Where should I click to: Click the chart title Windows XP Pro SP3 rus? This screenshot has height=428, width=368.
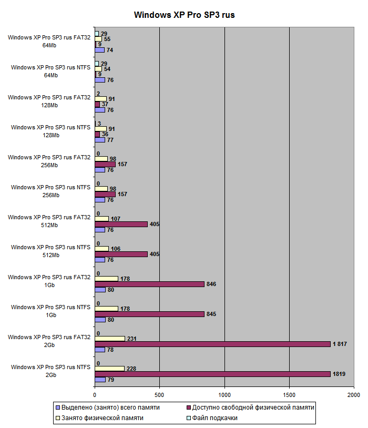point(184,15)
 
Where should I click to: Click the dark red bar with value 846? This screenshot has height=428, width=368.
point(149,284)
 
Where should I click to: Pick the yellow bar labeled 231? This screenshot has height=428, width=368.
point(109,339)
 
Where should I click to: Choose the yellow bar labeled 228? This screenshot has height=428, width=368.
point(109,369)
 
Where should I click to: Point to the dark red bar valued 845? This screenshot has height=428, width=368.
point(149,314)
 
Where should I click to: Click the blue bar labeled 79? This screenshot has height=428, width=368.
point(100,379)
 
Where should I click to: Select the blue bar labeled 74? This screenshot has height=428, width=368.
point(99,50)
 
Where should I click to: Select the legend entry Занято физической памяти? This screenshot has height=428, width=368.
point(100,418)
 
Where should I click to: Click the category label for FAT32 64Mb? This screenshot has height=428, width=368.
point(49,41)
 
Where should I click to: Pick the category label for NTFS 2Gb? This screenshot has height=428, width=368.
point(50,371)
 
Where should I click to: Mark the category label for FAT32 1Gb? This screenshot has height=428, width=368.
point(49,281)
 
